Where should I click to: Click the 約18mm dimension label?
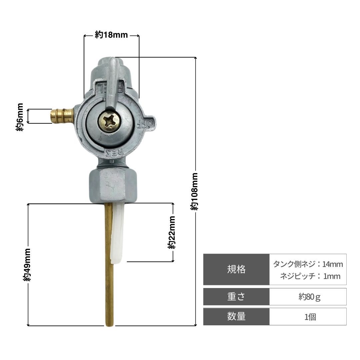coord(111,35)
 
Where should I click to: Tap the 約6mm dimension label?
coord(20,117)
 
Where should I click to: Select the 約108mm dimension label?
coord(194,191)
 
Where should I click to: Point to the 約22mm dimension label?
coord(171,232)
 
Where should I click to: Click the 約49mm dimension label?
coord(27,265)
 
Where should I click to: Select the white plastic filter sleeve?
coord(117,233)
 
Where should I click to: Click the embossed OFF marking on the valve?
coord(145,124)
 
